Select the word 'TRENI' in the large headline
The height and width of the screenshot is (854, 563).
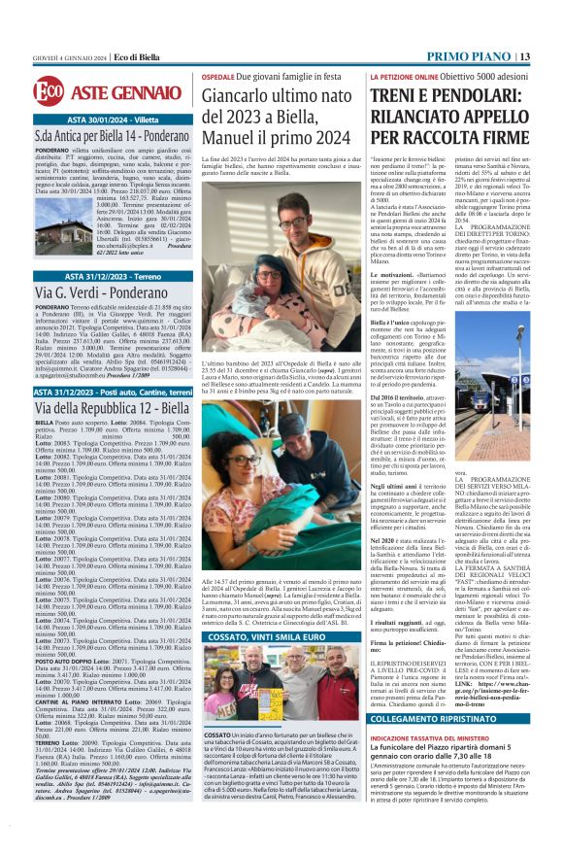[x=408, y=94]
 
